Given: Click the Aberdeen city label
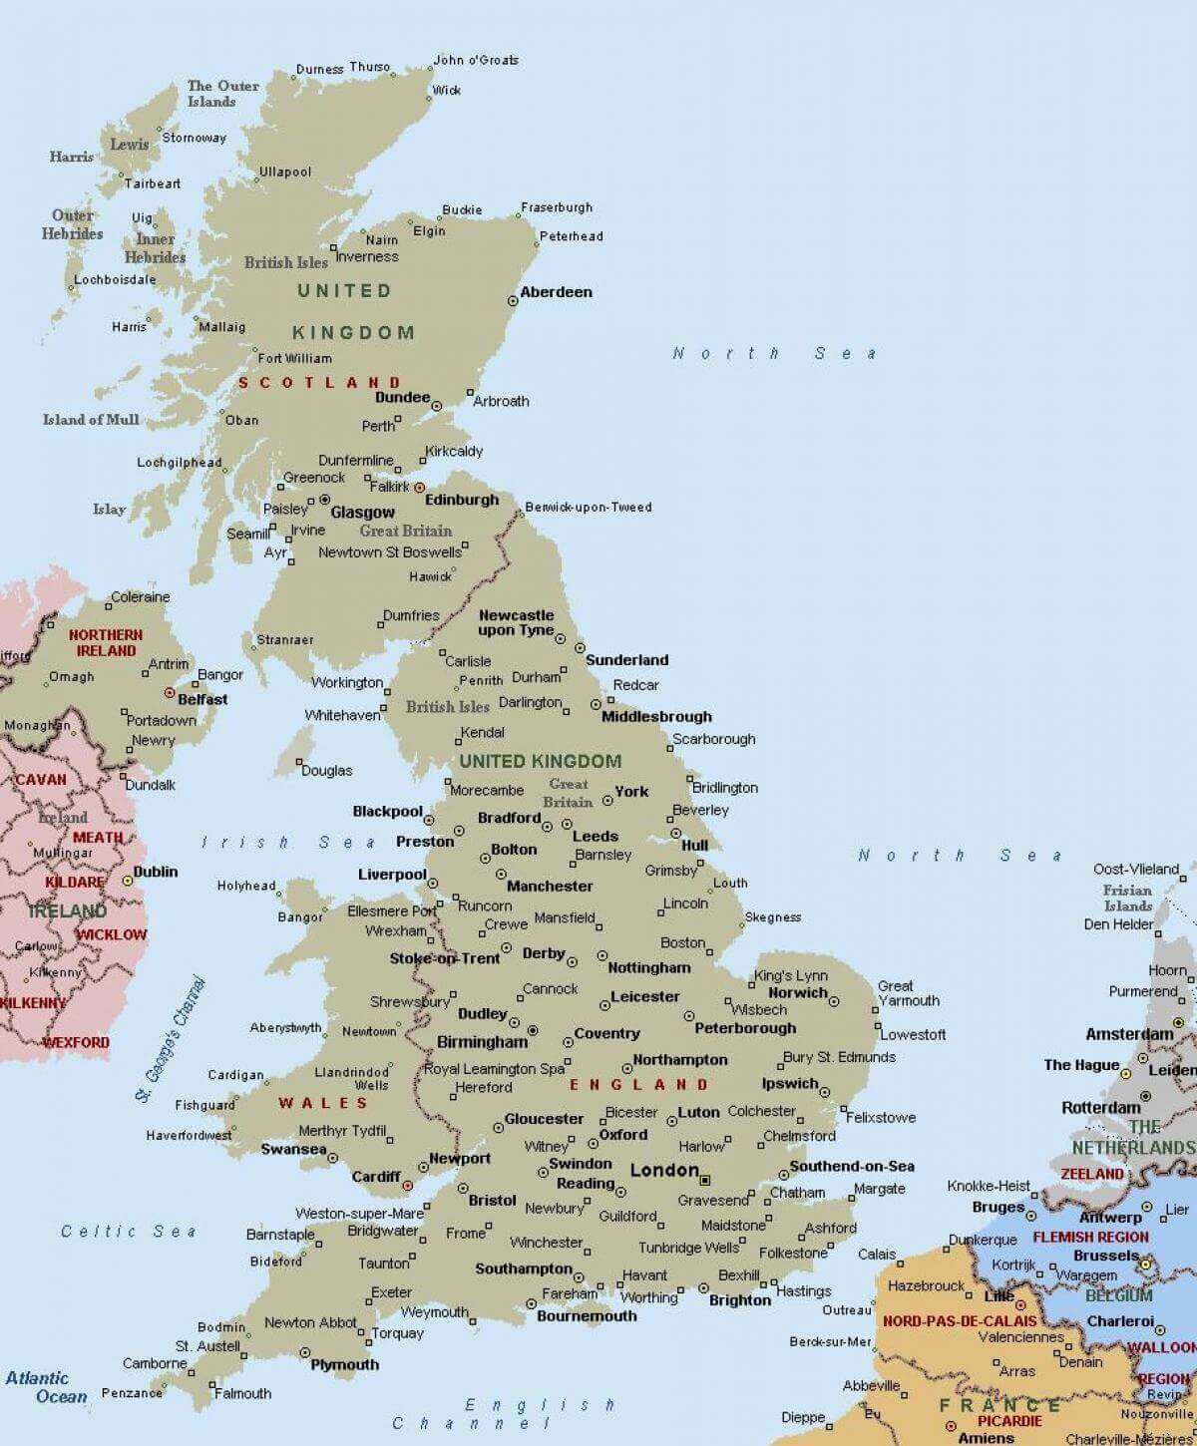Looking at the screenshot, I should (x=556, y=292).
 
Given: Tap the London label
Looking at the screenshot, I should (x=664, y=1170).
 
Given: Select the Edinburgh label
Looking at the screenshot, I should (x=461, y=500).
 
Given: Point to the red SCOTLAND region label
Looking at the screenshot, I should (x=319, y=382).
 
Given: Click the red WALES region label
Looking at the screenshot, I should (x=323, y=1102).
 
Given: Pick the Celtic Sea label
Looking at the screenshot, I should (x=129, y=1232).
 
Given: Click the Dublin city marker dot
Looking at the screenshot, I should (x=128, y=882).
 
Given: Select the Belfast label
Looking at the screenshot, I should (x=202, y=699).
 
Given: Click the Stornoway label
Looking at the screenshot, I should (x=194, y=138).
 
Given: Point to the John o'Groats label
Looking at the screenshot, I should (x=476, y=60).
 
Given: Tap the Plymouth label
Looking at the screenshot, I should (x=345, y=1364).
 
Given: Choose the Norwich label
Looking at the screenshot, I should (x=798, y=992).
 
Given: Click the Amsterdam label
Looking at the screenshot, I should (x=1129, y=1034).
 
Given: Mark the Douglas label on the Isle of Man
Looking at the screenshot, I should (x=326, y=770).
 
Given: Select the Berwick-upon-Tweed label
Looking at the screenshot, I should (x=588, y=507).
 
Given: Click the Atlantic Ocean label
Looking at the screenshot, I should (x=38, y=1387).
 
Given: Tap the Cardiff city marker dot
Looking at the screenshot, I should (x=407, y=1185).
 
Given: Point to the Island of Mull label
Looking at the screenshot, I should (x=91, y=420).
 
